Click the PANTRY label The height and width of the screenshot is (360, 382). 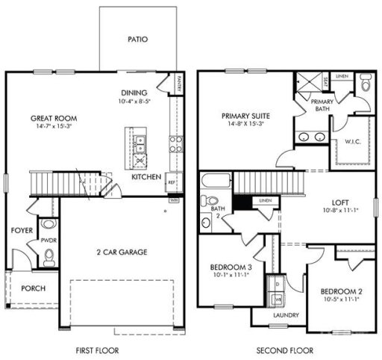tap(181, 88)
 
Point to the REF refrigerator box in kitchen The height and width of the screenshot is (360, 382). tap(171, 181)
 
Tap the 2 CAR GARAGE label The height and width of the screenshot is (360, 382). tap(121, 252)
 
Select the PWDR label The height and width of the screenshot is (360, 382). tap(47, 241)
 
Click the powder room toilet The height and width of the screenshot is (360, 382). tap(48, 257)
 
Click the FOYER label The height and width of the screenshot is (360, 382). tap(21, 231)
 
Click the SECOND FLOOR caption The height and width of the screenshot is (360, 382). tap(284, 350)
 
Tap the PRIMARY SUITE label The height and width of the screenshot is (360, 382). tap(245, 116)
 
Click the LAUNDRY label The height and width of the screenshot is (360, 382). tap(286, 316)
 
